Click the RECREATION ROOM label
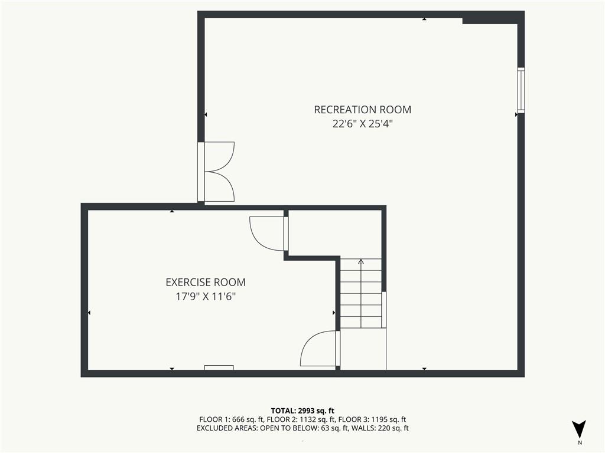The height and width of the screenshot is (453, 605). (x=362, y=110)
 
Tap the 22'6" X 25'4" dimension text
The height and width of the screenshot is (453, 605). (x=362, y=124)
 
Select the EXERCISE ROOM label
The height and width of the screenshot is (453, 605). (x=206, y=283)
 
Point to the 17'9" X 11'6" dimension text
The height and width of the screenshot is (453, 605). (x=206, y=297)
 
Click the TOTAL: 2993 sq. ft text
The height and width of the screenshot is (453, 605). (x=302, y=411)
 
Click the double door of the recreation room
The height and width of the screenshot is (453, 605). (x=216, y=172)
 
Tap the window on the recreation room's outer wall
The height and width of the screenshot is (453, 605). (x=521, y=90)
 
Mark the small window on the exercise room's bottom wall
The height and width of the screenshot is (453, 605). (x=219, y=367)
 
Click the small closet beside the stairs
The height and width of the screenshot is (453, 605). (x=334, y=233)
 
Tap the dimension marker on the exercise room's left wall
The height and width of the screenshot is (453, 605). (x=89, y=313)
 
